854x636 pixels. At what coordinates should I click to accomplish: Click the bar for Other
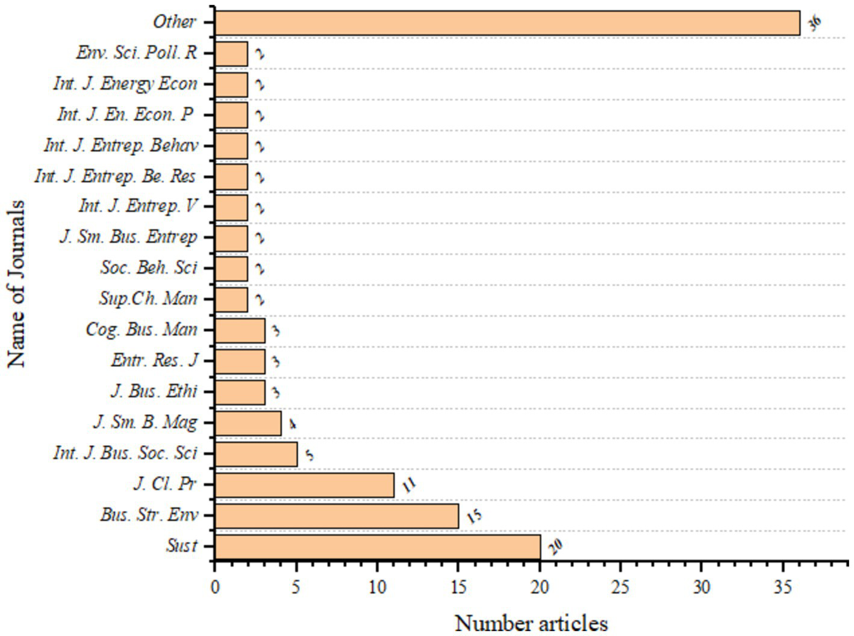coord(507,23)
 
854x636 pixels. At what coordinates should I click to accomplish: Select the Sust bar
coord(378,547)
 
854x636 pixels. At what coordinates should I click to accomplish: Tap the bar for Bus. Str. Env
coord(337,516)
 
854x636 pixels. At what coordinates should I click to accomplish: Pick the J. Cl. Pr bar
coord(304,485)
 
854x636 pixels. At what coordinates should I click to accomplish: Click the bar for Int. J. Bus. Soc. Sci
coord(256,454)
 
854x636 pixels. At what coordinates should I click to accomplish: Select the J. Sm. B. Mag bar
coord(248,423)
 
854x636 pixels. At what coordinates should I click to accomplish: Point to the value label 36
coord(814,23)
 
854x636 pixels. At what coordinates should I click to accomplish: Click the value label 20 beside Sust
coord(555,546)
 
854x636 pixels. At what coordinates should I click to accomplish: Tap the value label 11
coord(409,485)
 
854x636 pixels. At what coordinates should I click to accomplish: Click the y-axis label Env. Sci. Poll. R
coord(136,53)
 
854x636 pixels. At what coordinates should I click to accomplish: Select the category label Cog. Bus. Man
coord(141,330)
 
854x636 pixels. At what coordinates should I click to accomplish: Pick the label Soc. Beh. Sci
coord(148,268)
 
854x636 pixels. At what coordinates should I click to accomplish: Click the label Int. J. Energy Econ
coord(125,84)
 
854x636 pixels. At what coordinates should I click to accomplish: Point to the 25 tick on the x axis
coord(620,587)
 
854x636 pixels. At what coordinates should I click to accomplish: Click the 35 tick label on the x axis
coord(782,587)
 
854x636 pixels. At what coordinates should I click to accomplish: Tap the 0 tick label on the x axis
coord(215,587)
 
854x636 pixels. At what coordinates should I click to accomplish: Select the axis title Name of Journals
coord(17,284)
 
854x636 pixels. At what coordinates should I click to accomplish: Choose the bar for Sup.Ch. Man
coord(231,300)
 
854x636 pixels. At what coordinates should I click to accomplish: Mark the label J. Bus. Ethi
coord(154,391)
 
